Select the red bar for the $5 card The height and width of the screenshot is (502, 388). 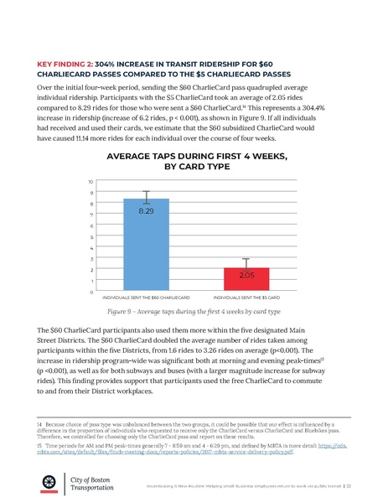(x=246, y=280)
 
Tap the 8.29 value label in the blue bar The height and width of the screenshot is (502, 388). (x=147, y=211)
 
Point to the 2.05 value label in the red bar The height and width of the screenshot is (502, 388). (x=246, y=275)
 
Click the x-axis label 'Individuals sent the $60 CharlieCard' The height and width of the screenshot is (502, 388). (x=147, y=298)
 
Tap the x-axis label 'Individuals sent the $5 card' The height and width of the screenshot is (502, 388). (x=246, y=298)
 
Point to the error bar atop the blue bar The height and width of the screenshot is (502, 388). (x=147, y=198)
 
